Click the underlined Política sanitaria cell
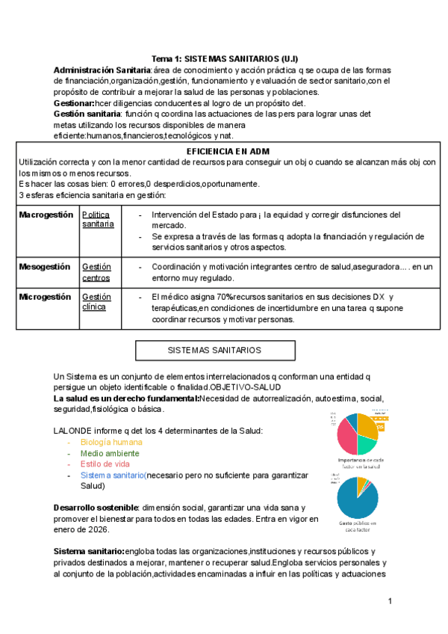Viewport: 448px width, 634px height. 98,219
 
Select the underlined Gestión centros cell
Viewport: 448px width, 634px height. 97,272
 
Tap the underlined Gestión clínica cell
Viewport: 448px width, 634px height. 96,302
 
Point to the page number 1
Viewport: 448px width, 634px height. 390,601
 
